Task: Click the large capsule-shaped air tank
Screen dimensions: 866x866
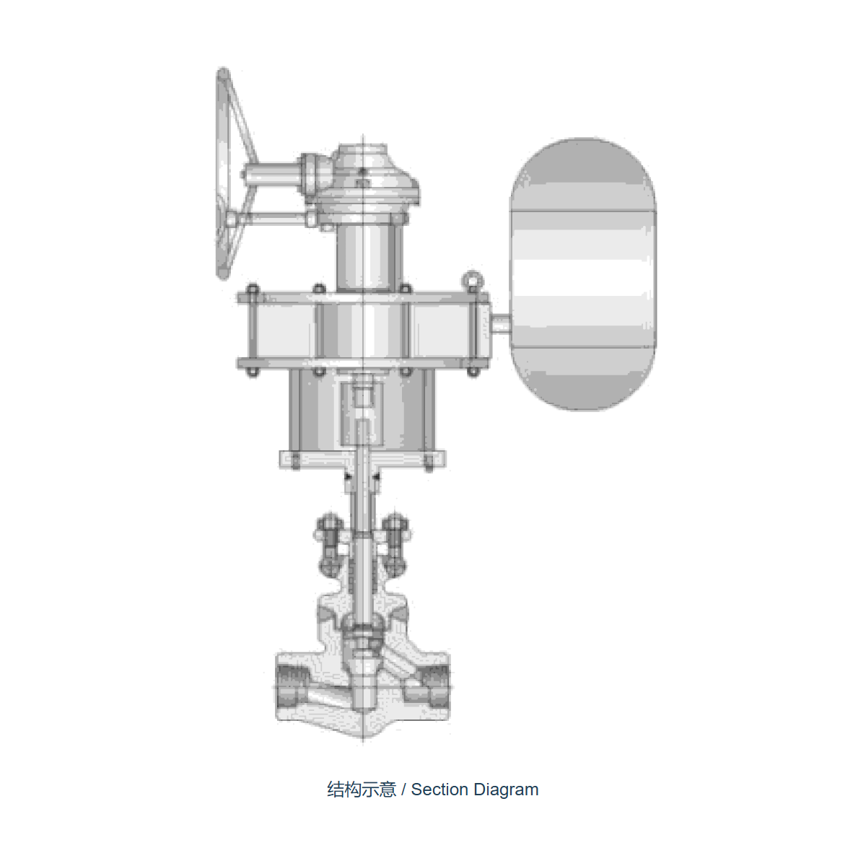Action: coord(583,274)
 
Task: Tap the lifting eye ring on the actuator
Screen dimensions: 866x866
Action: coord(472,281)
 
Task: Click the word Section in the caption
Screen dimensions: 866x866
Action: coord(439,790)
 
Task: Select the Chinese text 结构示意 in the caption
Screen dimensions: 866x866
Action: coord(362,790)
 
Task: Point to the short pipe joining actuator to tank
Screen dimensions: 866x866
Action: coord(501,325)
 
